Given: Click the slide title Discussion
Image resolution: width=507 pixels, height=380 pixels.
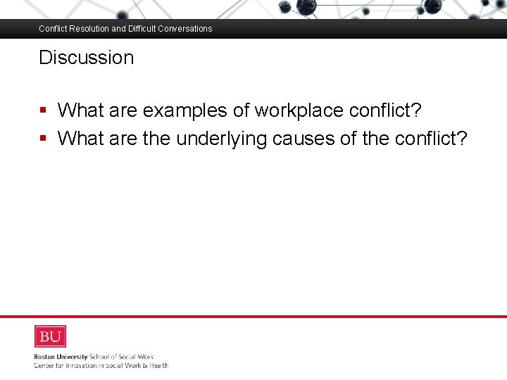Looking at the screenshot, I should (x=86, y=58).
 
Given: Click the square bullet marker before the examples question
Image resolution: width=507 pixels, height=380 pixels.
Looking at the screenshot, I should (x=44, y=110).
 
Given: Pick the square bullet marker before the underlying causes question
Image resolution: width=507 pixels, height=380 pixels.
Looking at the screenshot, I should (x=44, y=139).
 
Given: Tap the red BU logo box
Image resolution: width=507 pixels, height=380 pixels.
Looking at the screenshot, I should (x=50, y=336).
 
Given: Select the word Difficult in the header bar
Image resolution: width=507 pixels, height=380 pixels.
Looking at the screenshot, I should (x=144, y=29).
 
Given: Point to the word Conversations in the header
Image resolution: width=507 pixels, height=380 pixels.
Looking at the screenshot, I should (x=187, y=29).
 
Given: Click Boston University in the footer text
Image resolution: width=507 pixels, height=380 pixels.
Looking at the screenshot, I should (x=61, y=357).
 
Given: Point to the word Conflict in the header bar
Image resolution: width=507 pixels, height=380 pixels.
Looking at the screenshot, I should (x=51, y=29).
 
